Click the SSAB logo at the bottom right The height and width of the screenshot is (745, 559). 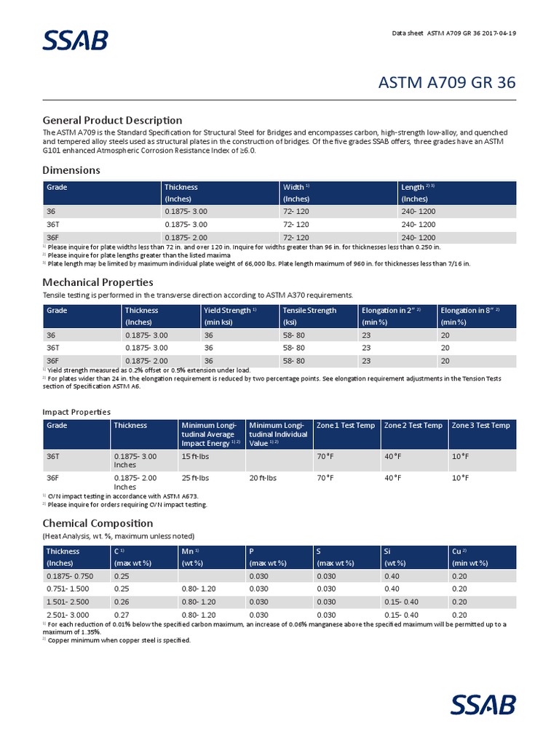[x=483, y=704]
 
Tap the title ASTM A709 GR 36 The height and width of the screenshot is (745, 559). [x=447, y=82]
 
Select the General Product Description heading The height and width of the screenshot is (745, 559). [x=112, y=120]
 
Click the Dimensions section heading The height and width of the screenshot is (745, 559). [x=71, y=170]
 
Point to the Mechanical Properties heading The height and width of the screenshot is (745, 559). [x=98, y=282]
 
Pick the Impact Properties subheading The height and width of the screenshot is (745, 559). [x=76, y=412]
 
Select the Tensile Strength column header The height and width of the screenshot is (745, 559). [x=309, y=311]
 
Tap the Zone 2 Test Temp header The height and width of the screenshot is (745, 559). [x=413, y=426]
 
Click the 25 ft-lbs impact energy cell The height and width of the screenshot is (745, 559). [x=195, y=478]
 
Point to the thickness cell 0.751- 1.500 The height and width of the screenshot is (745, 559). [x=70, y=589]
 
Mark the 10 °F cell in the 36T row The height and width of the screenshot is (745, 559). [x=460, y=456]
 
